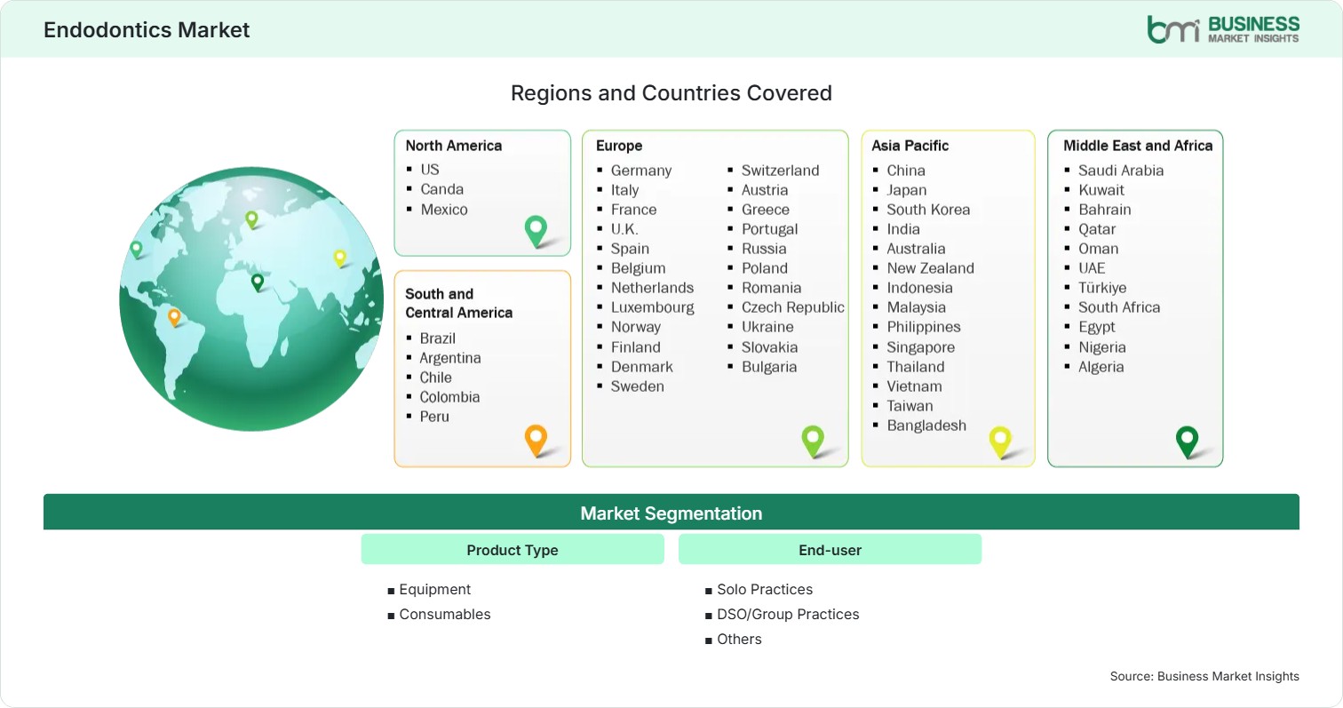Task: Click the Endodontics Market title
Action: click(x=147, y=30)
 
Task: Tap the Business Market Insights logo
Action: click(x=1223, y=29)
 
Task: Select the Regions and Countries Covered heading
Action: click(x=671, y=93)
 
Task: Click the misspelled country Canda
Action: click(x=441, y=189)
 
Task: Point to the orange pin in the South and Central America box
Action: click(x=536, y=440)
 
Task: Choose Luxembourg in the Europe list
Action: click(x=652, y=307)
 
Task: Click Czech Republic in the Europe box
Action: click(x=792, y=307)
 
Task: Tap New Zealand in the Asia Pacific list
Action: click(x=931, y=268)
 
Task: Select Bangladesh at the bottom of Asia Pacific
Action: click(x=926, y=426)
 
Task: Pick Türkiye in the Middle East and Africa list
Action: click(x=1102, y=288)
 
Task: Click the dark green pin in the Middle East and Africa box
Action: click(x=1187, y=442)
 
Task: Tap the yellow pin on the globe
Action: click(x=340, y=259)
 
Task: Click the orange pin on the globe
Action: click(x=174, y=317)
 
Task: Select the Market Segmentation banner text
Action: click(x=671, y=513)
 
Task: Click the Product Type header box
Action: click(x=513, y=549)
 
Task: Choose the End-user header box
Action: click(x=830, y=549)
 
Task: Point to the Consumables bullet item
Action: click(x=444, y=615)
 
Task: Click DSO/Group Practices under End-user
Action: click(x=788, y=615)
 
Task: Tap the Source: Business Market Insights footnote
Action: click(x=1204, y=676)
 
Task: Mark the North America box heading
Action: click(x=453, y=146)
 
